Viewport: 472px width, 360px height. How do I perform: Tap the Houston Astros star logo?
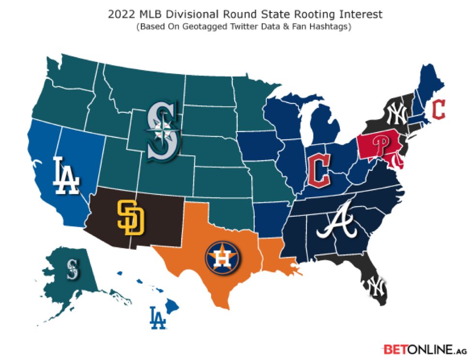click(x=223, y=257)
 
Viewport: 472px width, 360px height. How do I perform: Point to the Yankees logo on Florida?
click(x=375, y=286)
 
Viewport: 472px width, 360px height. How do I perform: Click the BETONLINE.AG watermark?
click(x=424, y=348)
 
